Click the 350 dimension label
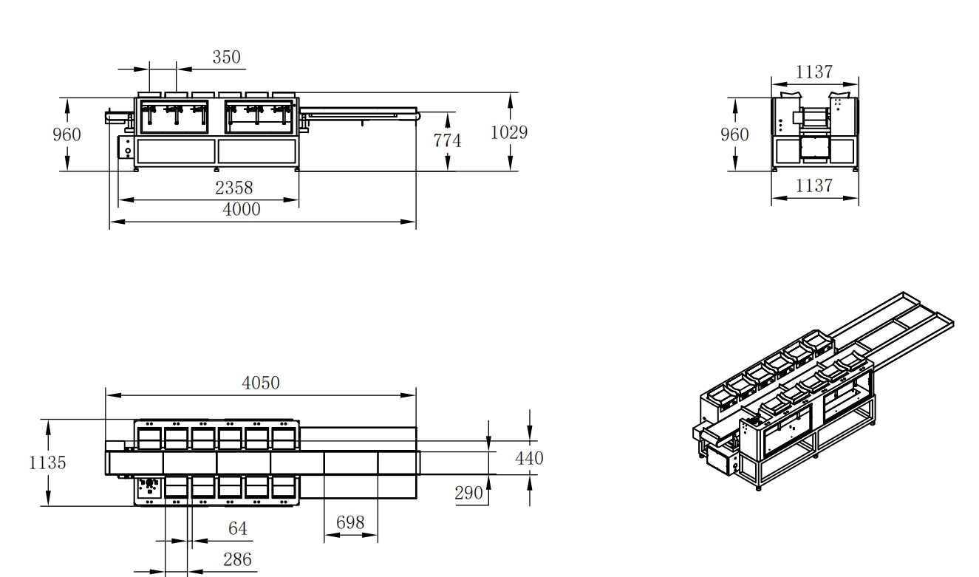[226, 58]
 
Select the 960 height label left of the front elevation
[67, 134]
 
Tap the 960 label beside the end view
[734, 134]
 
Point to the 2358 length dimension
[233, 188]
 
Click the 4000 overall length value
[242, 209]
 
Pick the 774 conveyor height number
[447, 140]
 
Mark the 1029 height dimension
[509, 132]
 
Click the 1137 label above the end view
[814, 72]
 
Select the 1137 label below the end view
[814, 185]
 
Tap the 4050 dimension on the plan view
[261, 383]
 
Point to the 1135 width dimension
[47, 462]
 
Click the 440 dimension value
[529, 458]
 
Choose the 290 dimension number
[468, 493]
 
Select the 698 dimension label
[350, 522]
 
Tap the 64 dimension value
[238, 528]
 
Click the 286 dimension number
[237, 559]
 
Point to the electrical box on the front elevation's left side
[126, 147]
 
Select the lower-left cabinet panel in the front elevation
[176, 151]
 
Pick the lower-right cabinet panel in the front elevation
[257, 151]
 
